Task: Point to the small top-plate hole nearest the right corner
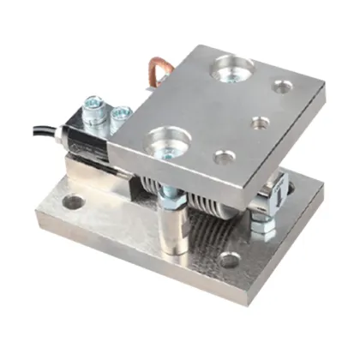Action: click(282, 87)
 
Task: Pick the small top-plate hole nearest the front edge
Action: click(223, 157)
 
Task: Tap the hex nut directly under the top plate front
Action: click(171, 200)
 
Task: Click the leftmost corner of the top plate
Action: click(109, 137)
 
